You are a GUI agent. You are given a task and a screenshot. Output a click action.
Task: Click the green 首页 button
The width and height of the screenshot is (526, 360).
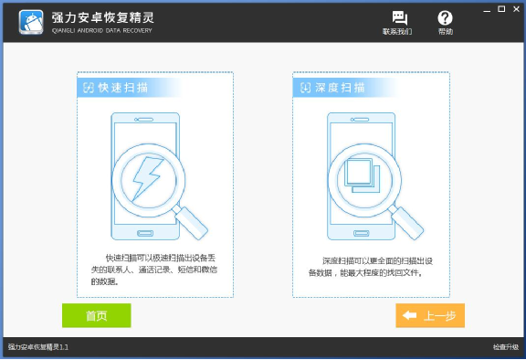click(x=96, y=315)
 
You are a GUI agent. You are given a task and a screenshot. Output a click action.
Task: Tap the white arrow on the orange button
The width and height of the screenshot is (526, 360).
click(x=409, y=315)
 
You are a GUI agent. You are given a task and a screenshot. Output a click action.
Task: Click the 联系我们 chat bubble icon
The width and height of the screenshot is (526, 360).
click(x=399, y=18)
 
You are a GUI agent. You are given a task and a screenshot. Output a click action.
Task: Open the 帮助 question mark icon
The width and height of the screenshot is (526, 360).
click(x=445, y=18)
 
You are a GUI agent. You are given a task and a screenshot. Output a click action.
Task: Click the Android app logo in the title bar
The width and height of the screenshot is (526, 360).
click(x=32, y=21)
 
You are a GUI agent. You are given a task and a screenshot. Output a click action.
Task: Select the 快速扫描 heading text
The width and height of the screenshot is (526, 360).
click(x=124, y=88)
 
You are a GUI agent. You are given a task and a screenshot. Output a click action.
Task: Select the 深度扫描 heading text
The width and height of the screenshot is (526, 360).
click(x=340, y=88)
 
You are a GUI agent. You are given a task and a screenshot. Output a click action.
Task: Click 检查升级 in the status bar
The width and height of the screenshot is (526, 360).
click(x=505, y=347)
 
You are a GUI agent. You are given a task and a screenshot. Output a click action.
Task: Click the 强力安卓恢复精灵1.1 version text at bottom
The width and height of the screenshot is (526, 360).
click(x=38, y=347)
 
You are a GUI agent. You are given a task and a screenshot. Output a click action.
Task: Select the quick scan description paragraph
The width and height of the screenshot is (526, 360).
click(x=153, y=270)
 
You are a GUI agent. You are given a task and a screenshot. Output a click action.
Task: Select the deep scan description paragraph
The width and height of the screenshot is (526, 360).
click(x=369, y=266)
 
